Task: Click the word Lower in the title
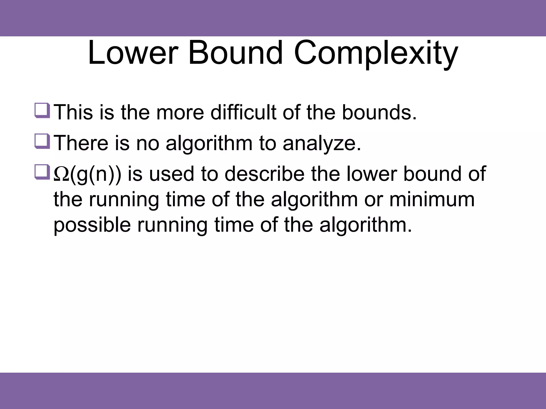click(133, 53)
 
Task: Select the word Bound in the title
click(235, 53)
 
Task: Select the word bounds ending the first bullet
click(379, 113)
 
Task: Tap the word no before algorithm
click(147, 143)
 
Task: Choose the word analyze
click(322, 143)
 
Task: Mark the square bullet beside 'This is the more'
click(42, 110)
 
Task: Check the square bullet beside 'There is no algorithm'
click(42, 141)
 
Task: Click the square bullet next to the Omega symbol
click(42, 172)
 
